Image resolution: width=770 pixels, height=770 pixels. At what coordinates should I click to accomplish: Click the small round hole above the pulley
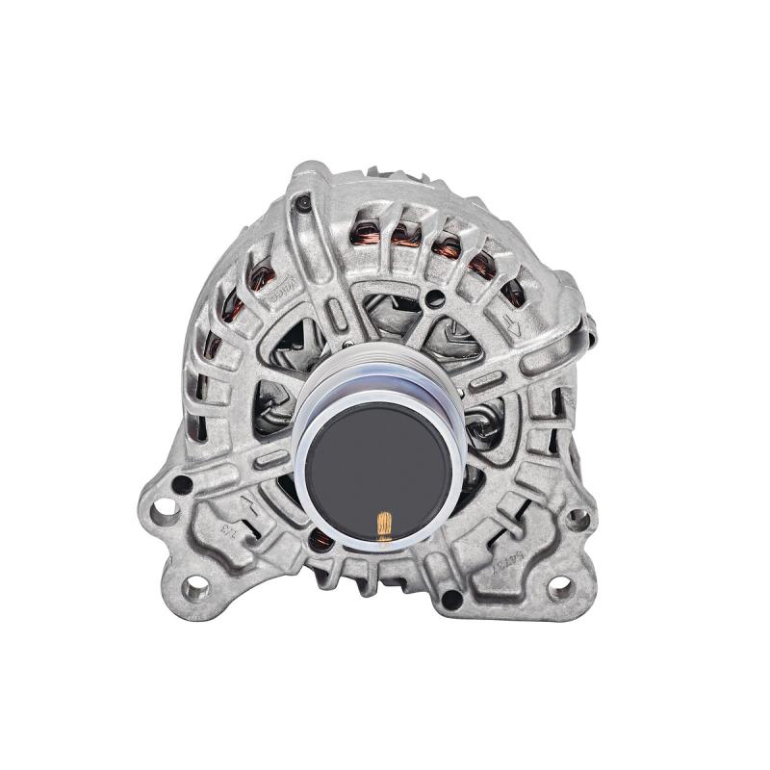438,293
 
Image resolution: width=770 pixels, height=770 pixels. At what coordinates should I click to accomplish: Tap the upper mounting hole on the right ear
577,520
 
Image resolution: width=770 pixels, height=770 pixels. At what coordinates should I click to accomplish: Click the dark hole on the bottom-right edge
448,598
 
